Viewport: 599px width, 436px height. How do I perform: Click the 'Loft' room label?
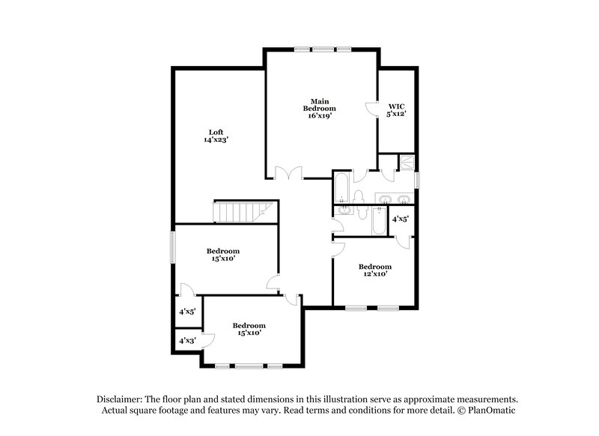[216, 131]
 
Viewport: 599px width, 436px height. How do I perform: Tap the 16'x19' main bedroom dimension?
[320, 115]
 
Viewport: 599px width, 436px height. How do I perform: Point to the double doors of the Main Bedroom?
[286, 173]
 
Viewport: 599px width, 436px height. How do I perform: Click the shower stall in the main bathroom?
[407, 162]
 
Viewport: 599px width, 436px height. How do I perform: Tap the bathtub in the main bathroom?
[341, 189]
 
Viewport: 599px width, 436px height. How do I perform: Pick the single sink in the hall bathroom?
[342, 211]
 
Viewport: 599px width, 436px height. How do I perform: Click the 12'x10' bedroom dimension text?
[374, 275]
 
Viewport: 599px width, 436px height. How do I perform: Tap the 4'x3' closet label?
[186, 341]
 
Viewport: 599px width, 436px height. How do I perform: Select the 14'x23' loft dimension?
[216, 139]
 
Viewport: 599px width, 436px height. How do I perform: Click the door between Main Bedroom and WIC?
[372, 109]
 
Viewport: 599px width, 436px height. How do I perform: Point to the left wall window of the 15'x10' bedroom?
[173, 246]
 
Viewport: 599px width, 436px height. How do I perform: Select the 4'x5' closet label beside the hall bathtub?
[401, 220]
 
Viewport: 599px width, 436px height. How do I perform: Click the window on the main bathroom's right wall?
[417, 180]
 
